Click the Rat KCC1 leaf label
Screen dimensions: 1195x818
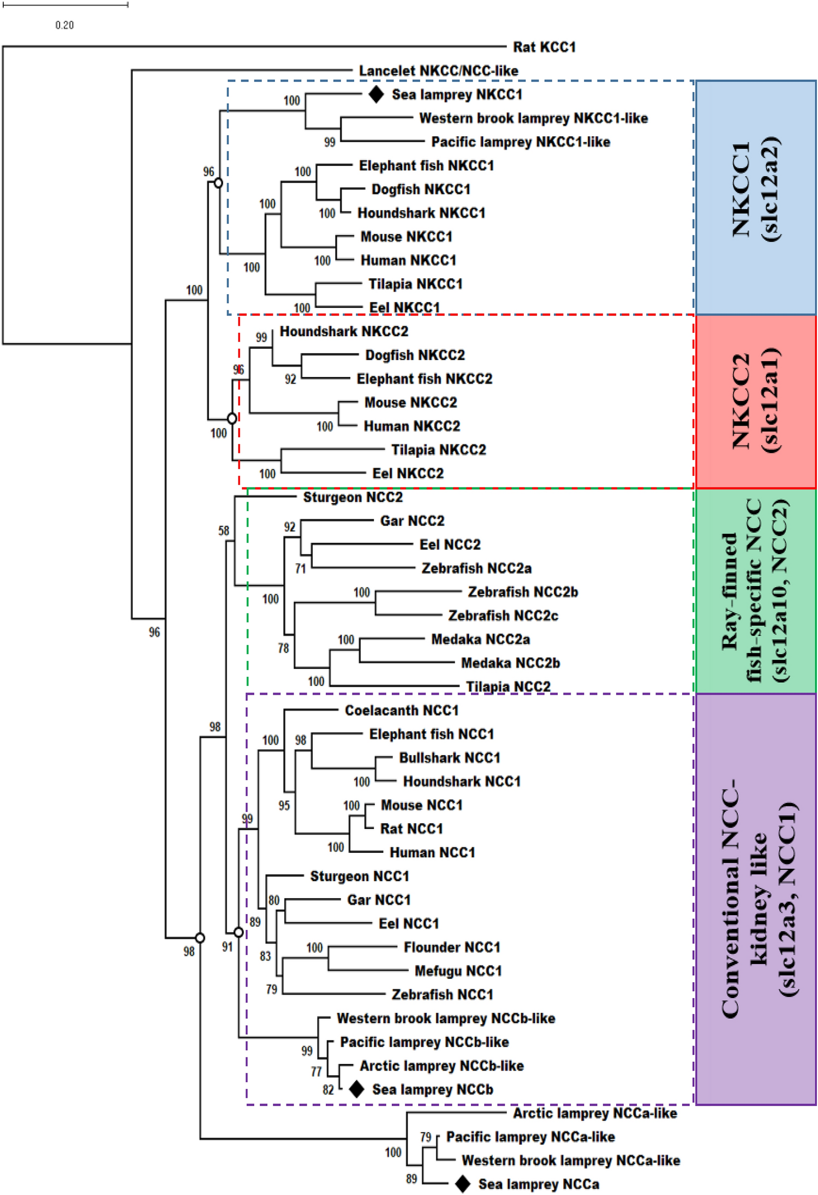pos(544,47)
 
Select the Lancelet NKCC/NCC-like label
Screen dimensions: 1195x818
pos(438,70)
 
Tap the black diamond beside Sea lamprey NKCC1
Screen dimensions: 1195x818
pos(376,94)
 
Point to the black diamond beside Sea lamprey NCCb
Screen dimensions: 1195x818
pos(356,1089)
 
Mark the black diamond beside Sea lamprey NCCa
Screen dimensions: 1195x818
pos(463,1184)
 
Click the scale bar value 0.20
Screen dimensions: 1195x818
pos(64,25)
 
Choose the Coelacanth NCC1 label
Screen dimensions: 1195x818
pos(402,710)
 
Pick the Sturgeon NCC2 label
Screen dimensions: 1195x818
pos(353,497)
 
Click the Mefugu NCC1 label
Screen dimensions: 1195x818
pos(458,971)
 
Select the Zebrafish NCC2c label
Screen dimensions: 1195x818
pos(503,616)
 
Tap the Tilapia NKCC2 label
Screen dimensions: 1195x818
pos(438,450)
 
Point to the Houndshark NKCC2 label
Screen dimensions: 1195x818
pos(344,331)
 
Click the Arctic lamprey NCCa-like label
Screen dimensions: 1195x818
pos(595,1113)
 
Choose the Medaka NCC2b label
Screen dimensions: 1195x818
pos(510,663)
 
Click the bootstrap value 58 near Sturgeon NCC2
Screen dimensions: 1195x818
pos(224,530)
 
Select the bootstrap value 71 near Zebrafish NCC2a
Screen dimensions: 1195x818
pos(300,569)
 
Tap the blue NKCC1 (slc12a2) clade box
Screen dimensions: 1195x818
pos(756,198)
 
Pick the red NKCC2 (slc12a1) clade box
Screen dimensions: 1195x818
pos(756,402)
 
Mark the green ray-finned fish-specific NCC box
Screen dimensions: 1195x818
pos(756,591)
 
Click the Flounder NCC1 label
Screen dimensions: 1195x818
pos(452,947)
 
